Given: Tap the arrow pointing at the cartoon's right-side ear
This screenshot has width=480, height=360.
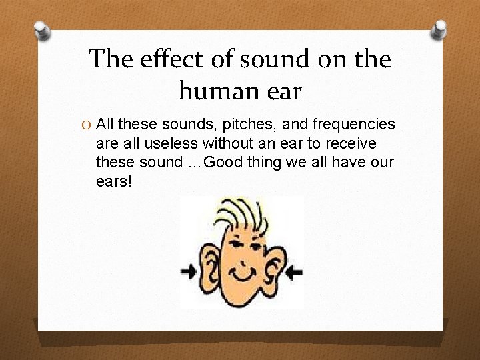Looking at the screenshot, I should coord(294,271).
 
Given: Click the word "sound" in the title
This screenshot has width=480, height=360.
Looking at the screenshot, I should coord(276,59).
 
